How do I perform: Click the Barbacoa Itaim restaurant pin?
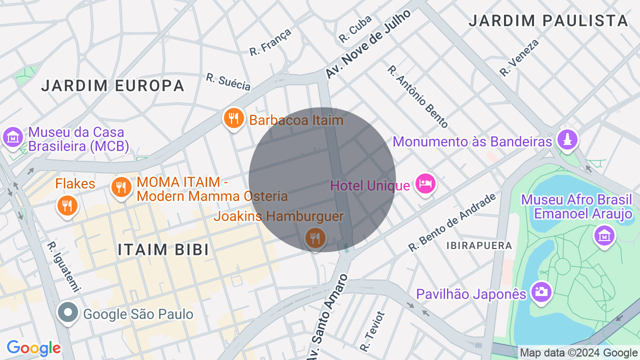(x=233, y=118)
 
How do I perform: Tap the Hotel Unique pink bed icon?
(x=425, y=183)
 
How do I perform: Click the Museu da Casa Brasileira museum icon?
(x=12, y=136)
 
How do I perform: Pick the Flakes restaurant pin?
(x=67, y=205)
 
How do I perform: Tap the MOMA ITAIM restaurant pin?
(x=121, y=187)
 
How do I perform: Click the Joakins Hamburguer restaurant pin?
(x=315, y=238)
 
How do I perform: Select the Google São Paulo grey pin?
(x=68, y=313)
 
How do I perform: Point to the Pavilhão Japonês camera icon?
(x=541, y=291)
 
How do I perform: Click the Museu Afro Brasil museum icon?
(x=604, y=235)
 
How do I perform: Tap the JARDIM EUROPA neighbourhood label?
(x=113, y=85)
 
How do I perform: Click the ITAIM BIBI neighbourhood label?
(x=163, y=249)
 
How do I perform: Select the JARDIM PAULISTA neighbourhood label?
(x=548, y=21)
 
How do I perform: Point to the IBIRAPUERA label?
(x=479, y=245)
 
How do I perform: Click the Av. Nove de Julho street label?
(x=368, y=44)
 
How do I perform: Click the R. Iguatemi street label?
(x=63, y=267)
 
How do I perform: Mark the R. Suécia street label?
(x=228, y=82)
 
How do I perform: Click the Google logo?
(x=33, y=347)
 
